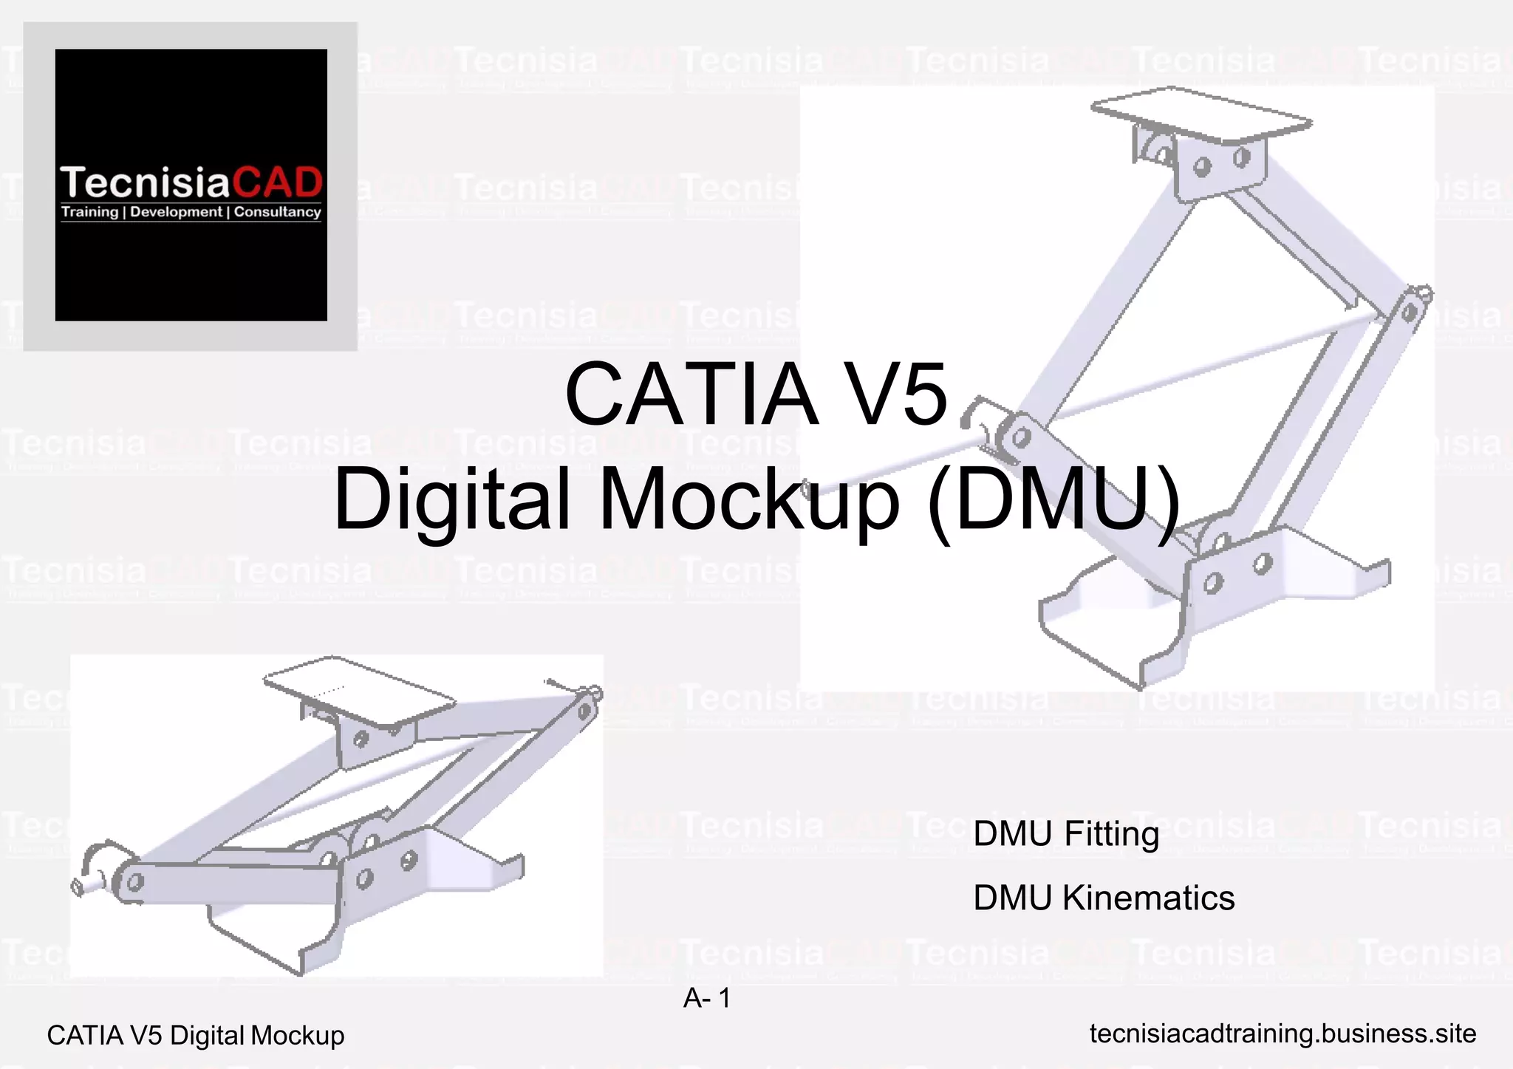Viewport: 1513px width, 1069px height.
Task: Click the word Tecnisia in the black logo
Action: click(x=146, y=183)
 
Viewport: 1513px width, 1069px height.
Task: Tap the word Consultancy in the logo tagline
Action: click(x=277, y=213)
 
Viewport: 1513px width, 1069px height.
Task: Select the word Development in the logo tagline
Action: click(x=177, y=213)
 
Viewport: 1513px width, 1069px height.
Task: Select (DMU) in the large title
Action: click(x=1053, y=500)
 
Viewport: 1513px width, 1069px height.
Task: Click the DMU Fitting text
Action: click(x=1065, y=834)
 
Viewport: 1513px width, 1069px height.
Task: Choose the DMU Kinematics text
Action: click(x=1103, y=898)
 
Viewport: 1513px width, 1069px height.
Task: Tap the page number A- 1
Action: click(x=706, y=999)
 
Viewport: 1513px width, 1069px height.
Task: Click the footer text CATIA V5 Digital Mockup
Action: click(x=195, y=1036)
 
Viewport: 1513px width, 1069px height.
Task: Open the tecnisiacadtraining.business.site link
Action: click(x=1283, y=1034)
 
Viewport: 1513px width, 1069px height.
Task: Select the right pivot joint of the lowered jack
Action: click(x=585, y=711)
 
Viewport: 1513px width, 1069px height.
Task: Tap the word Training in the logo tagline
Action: click(x=89, y=213)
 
